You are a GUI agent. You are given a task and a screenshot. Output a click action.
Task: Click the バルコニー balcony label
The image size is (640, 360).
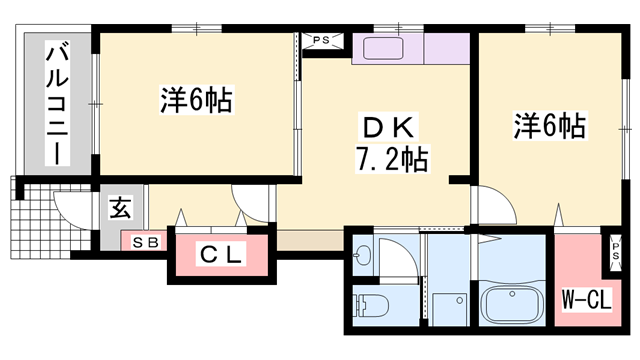pyautogui.click(x=57, y=103)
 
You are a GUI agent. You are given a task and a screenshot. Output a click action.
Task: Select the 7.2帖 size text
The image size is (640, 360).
pyautogui.click(x=392, y=159)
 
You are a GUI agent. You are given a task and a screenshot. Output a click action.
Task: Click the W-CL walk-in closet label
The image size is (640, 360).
pyautogui.click(x=587, y=300)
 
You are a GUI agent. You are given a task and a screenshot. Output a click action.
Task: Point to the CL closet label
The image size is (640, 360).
pyautogui.click(x=221, y=254)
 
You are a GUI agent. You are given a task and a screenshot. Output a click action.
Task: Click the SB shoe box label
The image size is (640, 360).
pyautogui.click(x=145, y=243)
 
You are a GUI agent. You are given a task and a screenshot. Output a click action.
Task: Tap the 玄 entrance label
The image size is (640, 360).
pyautogui.click(x=120, y=207)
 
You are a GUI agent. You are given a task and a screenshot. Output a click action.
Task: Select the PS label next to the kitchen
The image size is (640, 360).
pyautogui.click(x=321, y=40)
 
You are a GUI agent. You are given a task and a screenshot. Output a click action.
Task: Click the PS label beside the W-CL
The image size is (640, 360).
pyautogui.click(x=615, y=251)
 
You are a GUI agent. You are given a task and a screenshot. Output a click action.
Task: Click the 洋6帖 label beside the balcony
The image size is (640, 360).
pyautogui.click(x=196, y=99)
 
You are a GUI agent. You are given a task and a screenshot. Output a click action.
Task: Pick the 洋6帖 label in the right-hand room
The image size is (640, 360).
pyautogui.click(x=550, y=125)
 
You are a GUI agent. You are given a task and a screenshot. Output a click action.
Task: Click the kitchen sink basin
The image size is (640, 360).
pyautogui.click(x=383, y=49)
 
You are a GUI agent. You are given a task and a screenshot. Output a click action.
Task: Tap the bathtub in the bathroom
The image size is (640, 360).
pyautogui.click(x=512, y=304)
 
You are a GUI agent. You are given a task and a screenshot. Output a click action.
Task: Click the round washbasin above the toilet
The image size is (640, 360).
pyautogui.click(x=361, y=257)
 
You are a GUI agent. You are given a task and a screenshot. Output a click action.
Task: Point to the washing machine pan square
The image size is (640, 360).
pyautogui.click(x=449, y=309)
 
